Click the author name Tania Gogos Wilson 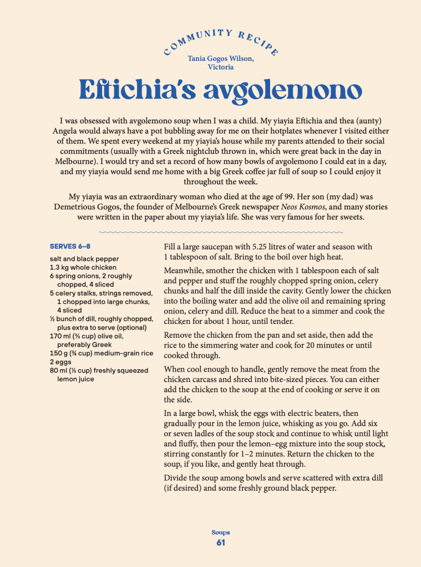[x=221, y=58]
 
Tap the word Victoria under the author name [x=221, y=67]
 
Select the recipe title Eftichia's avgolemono [x=221, y=90]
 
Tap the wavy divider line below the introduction [x=221, y=232]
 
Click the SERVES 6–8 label [x=70, y=246]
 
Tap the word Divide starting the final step [x=177, y=477]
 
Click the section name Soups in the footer [x=221, y=533]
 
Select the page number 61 [x=221, y=543]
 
